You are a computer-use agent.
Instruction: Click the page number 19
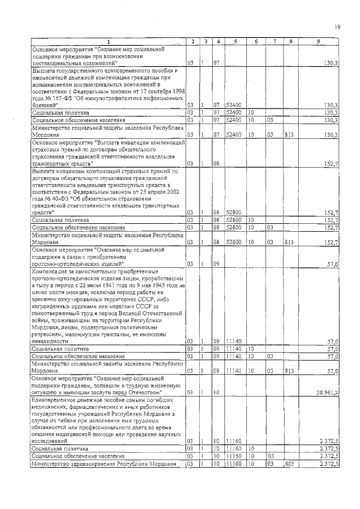pyautogui.click(x=337, y=26)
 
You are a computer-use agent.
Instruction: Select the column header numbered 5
pyautogui.click(x=235, y=42)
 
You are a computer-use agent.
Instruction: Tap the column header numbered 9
pyautogui.click(x=318, y=42)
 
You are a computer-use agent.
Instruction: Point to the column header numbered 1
pyautogui.click(x=109, y=42)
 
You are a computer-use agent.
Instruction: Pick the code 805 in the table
pyautogui.click(x=288, y=465)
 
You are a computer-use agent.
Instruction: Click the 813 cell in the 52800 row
pyautogui.click(x=288, y=242)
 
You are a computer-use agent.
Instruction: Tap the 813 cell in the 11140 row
pyautogui.click(x=288, y=371)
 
